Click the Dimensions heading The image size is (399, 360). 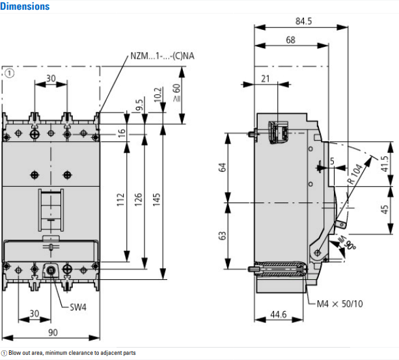click(x=25, y=7)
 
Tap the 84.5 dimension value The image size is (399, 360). click(x=303, y=21)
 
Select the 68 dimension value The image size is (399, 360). click(x=290, y=40)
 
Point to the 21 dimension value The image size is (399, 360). click(x=265, y=78)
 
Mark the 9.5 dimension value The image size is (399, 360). click(x=139, y=105)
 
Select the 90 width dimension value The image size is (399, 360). click(x=53, y=332)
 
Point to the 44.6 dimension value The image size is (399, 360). click(x=278, y=314)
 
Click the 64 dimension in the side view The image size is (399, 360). click(x=223, y=167)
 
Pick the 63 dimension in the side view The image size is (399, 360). click(x=223, y=235)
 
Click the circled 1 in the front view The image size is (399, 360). click(x=10, y=74)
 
